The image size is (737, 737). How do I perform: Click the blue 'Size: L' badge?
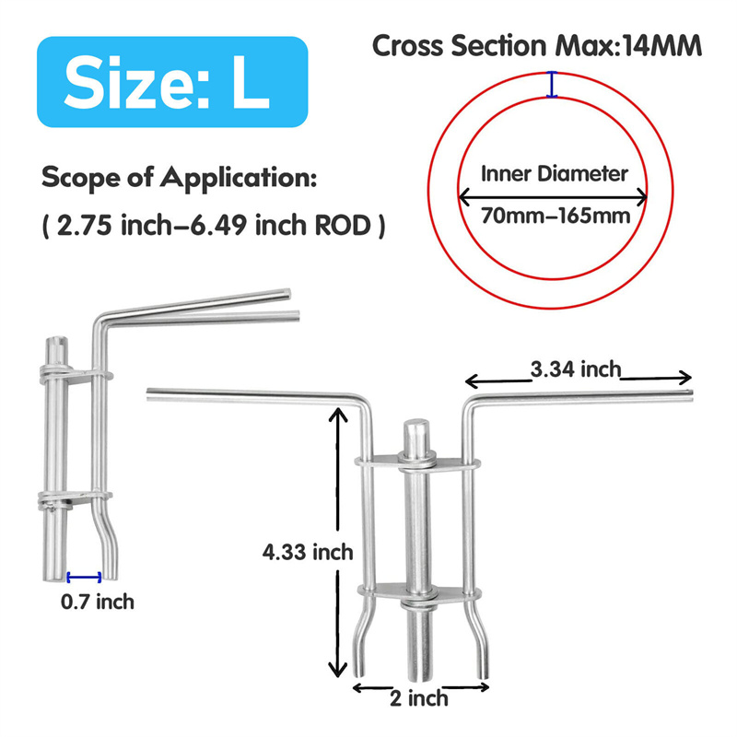click(x=172, y=82)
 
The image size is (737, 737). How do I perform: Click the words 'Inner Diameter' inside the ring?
click(x=555, y=173)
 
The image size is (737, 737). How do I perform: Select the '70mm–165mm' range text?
click(x=556, y=216)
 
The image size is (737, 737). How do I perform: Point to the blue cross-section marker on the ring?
click(x=552, y=85)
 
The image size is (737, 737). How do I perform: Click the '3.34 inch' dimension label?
click(x=576, y=369)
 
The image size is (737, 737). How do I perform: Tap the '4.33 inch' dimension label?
click(x=308, y=551)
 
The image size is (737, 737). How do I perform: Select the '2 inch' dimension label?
click(x=419, y=698)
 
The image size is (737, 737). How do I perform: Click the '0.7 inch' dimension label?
click(x=98, y=602)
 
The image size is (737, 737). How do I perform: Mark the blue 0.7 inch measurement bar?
click(x=84, y=577)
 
